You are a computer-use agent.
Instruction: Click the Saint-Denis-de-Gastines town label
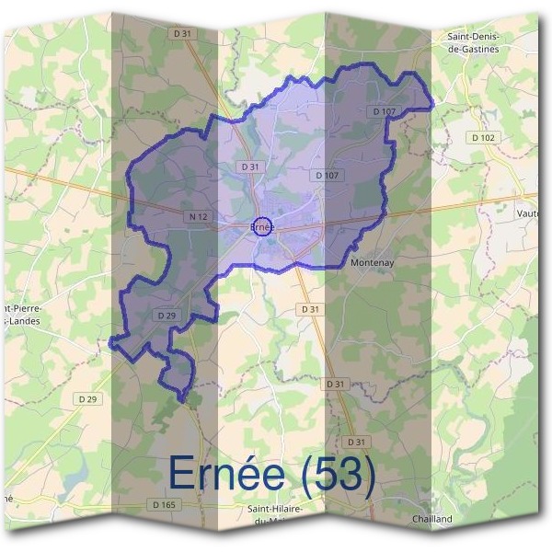472,43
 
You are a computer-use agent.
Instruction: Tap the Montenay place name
373,262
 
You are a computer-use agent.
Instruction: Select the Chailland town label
431,519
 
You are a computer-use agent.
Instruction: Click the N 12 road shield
194,216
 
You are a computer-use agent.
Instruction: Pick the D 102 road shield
482,138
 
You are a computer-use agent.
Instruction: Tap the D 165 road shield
163,504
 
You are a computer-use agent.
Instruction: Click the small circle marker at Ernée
262,226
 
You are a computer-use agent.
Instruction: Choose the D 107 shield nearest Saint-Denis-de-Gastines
385,111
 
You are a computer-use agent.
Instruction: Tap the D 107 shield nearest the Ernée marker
327,175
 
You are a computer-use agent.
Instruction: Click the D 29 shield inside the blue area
167,315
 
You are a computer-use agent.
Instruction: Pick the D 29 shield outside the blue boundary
88,398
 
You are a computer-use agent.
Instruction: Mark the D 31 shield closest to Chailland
358,442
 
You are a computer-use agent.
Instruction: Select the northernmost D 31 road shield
183,34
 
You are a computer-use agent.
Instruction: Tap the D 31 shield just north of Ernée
248,167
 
